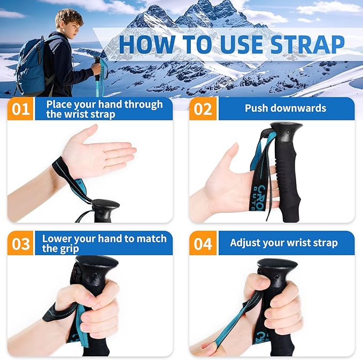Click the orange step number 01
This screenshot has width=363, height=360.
(x=21, y=109)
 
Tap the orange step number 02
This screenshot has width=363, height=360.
(x=203, y=109)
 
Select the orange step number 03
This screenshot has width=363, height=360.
(x=21, y=243)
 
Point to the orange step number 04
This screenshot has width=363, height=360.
(x=203, y=243)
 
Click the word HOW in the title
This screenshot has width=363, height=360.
(x=144, y=44)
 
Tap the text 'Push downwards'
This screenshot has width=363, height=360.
(x=285, y=108)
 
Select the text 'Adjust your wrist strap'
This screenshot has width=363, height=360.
(x=283, y=243)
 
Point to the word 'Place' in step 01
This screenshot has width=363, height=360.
(x=59, y=104)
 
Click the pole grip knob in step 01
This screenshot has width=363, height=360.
(x=105, y=206)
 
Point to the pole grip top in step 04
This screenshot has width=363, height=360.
(x=276, y=266)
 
